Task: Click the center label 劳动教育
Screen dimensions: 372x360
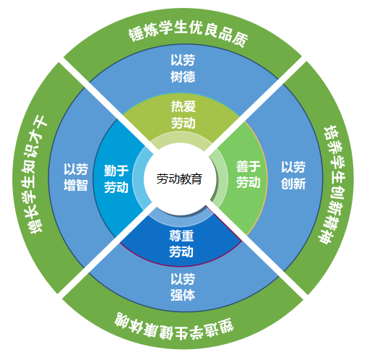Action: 179,179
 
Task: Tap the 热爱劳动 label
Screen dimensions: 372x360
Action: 183,115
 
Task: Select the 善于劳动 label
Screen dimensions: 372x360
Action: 248,174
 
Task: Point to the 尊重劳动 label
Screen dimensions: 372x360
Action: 181,244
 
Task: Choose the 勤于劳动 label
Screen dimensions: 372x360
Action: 116,179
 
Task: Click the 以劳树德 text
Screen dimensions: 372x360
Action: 183,69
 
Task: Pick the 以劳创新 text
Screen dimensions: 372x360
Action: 293,175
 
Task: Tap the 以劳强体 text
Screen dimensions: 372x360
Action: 183,287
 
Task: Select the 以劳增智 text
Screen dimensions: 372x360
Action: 76,177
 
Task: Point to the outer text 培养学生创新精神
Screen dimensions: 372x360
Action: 334,184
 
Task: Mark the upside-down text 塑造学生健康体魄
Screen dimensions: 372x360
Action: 174,327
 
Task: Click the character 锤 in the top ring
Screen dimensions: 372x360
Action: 137,34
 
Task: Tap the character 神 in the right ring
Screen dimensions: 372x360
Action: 326,237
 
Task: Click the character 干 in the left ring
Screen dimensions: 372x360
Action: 41,122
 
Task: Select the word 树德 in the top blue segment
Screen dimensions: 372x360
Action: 183,77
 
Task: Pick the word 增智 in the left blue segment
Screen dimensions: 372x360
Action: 76,185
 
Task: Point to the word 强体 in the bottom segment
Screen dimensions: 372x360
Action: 183,296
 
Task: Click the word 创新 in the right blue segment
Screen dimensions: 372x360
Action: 293,184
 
